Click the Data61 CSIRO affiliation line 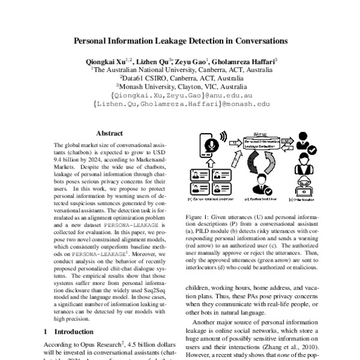pyautogui.click(x=180, y=77)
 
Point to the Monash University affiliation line pyautogui.click(x=180, y=86)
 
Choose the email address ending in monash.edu pyautogui.click(x=180, y=103)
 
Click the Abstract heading pyautogui.click(x=109, y=136)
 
